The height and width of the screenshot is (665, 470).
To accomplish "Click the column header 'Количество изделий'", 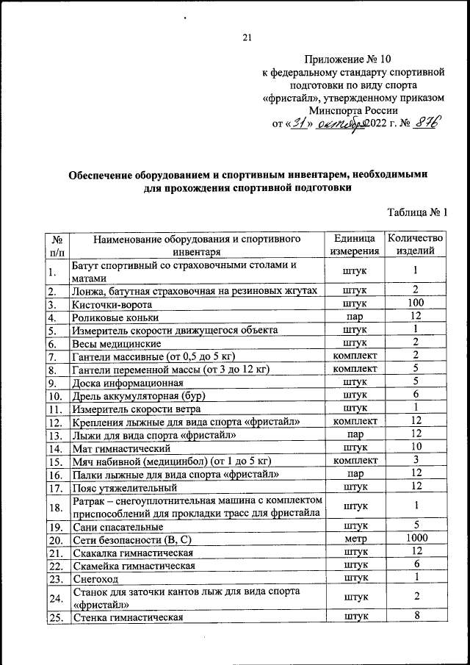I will tap(415, 245).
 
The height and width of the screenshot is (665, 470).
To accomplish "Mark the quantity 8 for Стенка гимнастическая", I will tap(416, 617).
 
